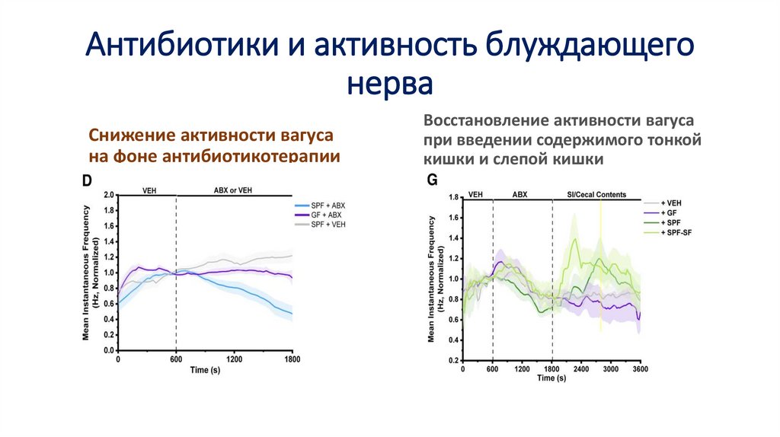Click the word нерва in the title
(389, 83)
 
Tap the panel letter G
(432, 180)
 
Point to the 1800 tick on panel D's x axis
(292, 359)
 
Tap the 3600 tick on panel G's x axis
(640, 368)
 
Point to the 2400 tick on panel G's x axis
(581, 368)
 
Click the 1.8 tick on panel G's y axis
(454, 198)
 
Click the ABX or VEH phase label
(234, 190)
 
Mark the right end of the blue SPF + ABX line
(291, 314)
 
